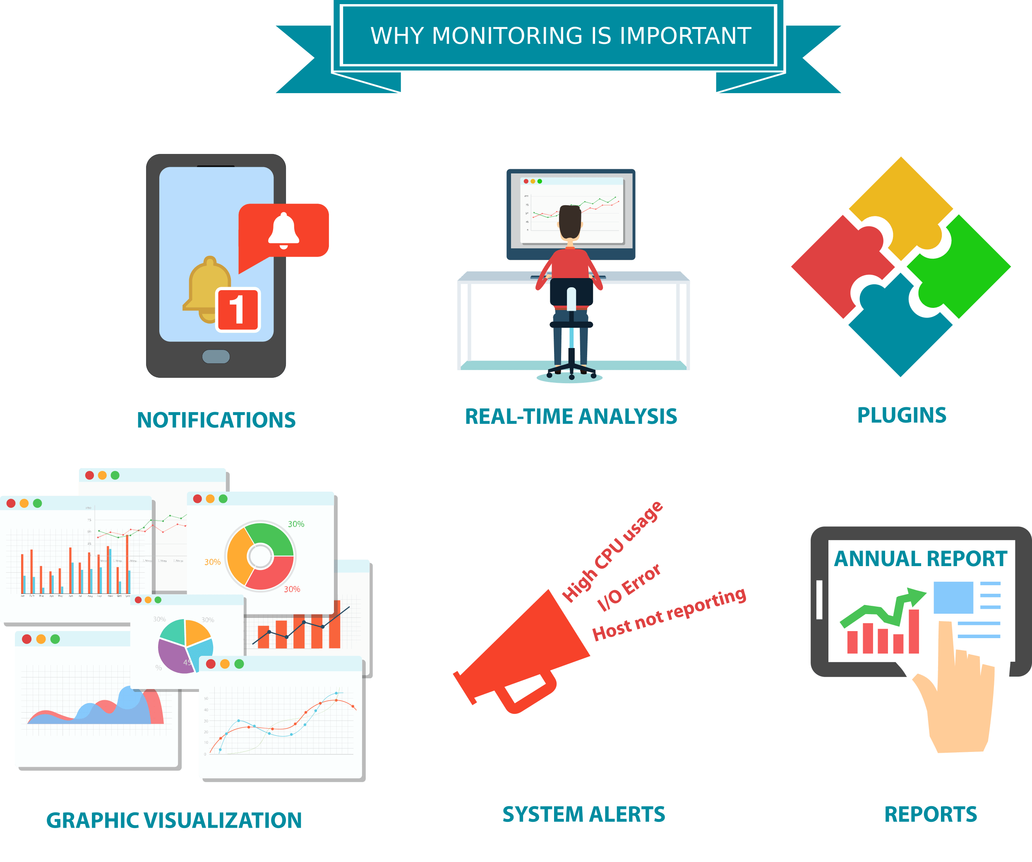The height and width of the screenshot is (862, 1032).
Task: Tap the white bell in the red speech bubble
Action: click(x=283, y=230)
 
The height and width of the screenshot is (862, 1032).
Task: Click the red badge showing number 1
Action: click(x=238, y=310)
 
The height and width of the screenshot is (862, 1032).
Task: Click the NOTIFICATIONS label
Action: click(x=216, y=420)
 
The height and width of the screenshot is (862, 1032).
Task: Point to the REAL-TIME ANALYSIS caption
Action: click(x=571, y=417)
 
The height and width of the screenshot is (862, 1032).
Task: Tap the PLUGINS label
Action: click(x=902, y=415)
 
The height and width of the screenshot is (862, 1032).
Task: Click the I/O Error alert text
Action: click(x=629, y=587)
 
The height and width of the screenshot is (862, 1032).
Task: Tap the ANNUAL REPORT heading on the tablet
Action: click(x=920, y=558)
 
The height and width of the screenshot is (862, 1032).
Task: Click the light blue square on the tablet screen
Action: click(x=953, y=598)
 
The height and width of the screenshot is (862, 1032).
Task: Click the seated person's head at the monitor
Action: click(x=570, y=221)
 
